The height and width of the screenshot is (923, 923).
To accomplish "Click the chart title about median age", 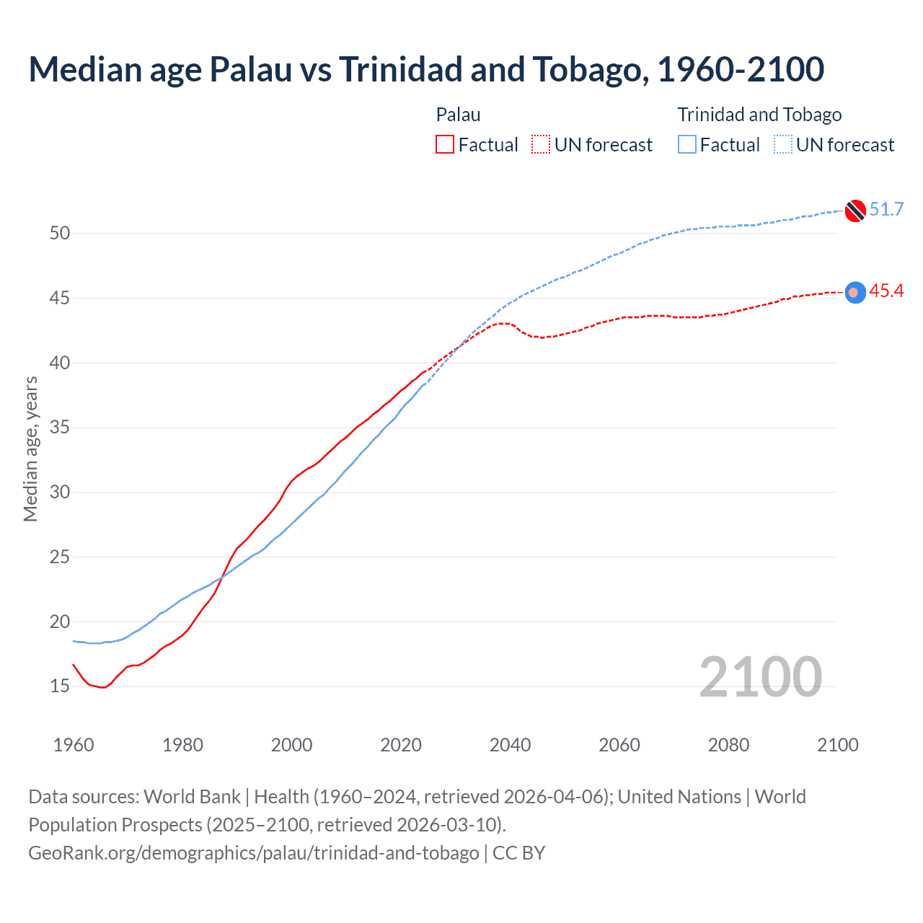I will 425,69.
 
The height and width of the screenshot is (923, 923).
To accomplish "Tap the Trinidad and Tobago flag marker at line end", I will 855,211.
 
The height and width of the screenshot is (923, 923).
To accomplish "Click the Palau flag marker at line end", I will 855,292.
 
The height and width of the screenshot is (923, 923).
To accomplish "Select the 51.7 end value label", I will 886,210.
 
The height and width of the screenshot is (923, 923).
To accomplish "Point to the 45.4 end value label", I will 886,291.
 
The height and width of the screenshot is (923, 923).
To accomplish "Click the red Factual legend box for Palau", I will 445,145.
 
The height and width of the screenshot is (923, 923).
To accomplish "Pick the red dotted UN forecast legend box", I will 541,145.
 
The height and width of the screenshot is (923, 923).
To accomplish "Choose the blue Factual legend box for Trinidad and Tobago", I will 687,145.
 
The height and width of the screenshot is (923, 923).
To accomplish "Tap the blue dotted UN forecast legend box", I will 783,145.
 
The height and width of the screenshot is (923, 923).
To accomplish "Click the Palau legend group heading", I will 458,115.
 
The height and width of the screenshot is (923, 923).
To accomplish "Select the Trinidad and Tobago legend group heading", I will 759,115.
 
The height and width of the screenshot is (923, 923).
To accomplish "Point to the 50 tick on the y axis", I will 60,233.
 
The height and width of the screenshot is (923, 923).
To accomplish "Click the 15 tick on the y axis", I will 60,686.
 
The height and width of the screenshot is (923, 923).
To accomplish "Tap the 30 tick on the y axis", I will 60,493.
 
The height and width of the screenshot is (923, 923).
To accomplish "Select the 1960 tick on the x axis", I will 74,745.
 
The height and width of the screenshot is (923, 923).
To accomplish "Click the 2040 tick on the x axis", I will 510,745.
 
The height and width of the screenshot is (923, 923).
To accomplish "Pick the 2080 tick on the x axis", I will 728,745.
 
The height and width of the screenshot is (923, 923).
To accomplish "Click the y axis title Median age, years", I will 30,449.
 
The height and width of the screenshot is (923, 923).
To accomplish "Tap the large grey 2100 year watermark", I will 760,677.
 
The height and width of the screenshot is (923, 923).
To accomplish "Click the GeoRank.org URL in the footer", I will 253,853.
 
